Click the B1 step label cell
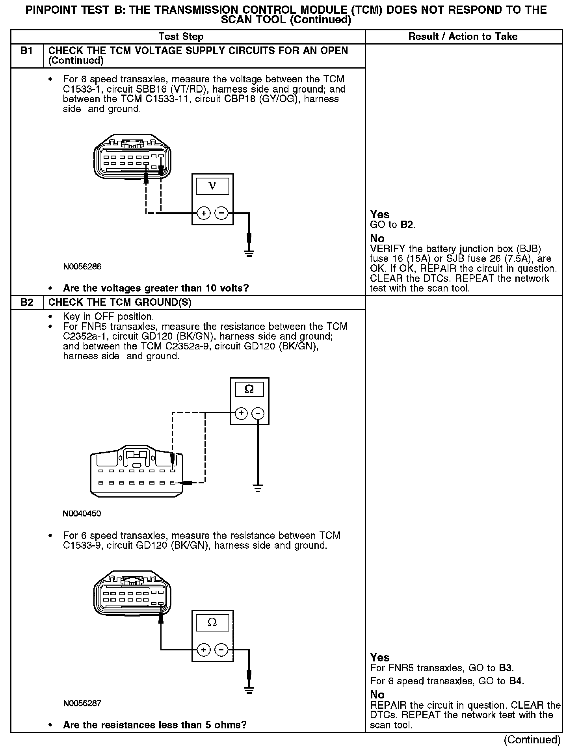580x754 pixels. click(x=27, y=51)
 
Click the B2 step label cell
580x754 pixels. click(x=27, y=303)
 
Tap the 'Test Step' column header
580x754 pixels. click(x=181, y=37)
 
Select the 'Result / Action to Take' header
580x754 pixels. click(x=463, y=37)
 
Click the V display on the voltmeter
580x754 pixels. click(x=212, y=186)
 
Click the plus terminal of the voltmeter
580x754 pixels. click(x=203, y=214)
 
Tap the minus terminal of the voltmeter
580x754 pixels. click(x=221, y=214)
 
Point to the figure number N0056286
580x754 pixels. click(x=82, y=267)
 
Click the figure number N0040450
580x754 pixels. click(x=82, y=514)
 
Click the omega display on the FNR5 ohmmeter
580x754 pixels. click(x=249, y=390)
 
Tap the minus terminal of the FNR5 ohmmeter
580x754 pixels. click(x=258, y=413)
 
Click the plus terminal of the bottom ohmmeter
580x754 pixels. click(x=203, y=650)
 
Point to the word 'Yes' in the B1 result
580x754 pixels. click(x=380, y=215)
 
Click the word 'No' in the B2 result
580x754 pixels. click(x=377, y=695)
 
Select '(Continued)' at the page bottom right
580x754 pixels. click(x=532, y=739)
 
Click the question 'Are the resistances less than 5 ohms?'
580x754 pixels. click(x=154, y=725)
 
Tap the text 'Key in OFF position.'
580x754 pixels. click(x=108, y=317)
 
